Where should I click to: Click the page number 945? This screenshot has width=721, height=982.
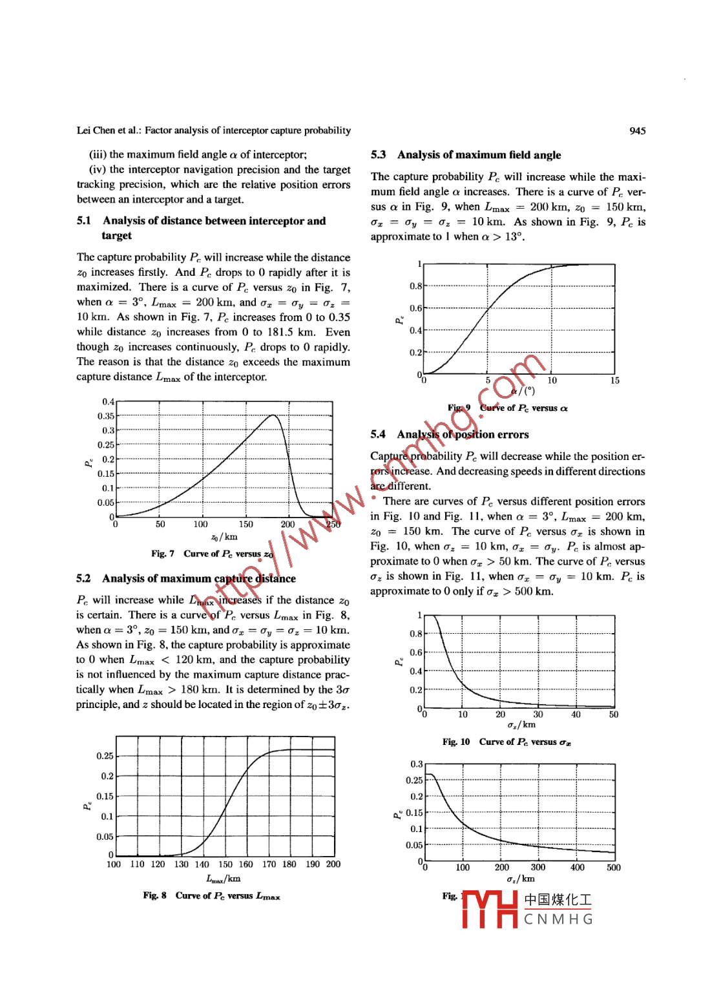(636, 131)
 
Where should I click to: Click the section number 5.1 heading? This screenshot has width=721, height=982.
(84, 221)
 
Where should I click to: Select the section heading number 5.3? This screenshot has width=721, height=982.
(379, 155)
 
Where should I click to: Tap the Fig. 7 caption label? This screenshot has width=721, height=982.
(163, 554)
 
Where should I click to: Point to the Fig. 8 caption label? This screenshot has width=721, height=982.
(154, 895)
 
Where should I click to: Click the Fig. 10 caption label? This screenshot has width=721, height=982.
(456, 742)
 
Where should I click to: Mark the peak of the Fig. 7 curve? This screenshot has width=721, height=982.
(273, 415)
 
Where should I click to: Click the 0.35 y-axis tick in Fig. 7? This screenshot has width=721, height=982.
(106, 416)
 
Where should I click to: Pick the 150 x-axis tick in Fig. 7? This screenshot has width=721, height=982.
(246, 525)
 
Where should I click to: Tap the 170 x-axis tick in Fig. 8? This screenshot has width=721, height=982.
(269, 864)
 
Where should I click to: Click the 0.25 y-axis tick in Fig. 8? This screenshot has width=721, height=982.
(105, 756)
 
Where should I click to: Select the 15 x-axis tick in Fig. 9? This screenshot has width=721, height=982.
(614, 381)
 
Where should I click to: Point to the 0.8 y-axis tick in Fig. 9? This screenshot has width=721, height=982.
(415, 286)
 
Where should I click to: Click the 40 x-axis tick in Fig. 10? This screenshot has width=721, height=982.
(576, 715)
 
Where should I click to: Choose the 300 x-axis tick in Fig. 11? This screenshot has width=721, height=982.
(538, 868)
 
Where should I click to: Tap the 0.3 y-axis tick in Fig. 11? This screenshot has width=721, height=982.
(416, 764)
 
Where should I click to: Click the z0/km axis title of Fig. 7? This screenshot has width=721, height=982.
(224, 537)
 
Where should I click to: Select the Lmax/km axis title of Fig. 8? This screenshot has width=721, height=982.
(224, 879)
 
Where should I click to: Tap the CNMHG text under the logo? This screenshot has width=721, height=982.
(558, 919)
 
